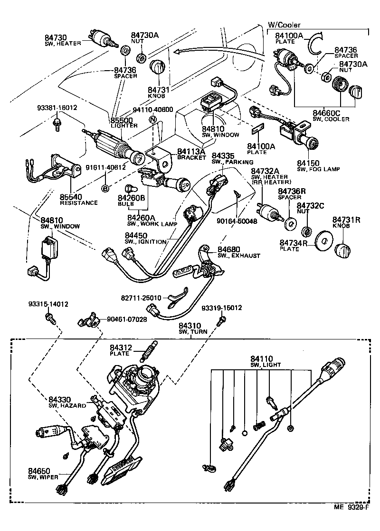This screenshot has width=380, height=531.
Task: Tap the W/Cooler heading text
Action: pyautogui.click(x=284, y=25)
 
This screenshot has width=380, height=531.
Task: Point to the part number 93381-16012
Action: pyautogui.click(x=57, y=108)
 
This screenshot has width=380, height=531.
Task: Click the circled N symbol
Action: pyautogui.click(x=152, y=120)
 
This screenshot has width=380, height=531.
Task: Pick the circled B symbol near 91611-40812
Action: pyautogui.click(x=105, y=188)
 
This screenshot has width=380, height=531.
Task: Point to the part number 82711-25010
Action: pyautogui.click(x=141, y=298)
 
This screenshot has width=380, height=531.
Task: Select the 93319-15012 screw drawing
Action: pyautogui.click(x=220, y=321)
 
